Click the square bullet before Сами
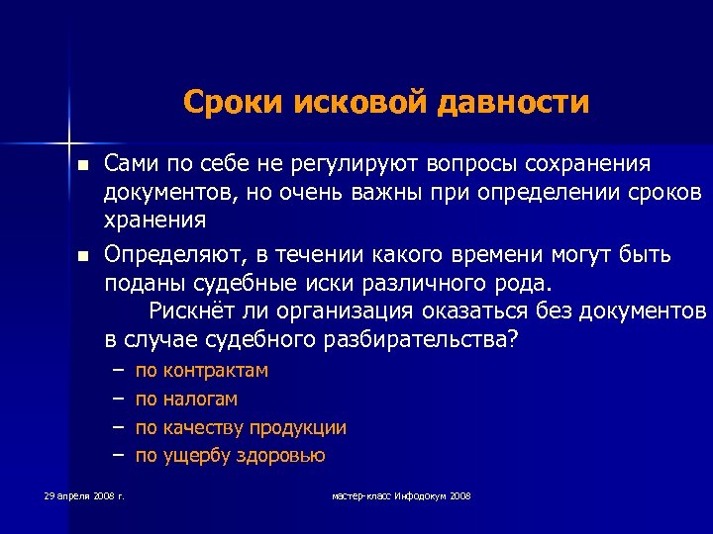[85, 164]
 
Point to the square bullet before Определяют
[85, 257]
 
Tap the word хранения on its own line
[156, 219]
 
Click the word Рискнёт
[195, 311]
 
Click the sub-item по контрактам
[202, 371]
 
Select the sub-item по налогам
[186, 400]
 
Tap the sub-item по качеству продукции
[241, 428]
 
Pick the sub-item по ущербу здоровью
[230, 456]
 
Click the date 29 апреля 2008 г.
[83, 494]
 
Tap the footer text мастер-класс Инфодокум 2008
[401, 494]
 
